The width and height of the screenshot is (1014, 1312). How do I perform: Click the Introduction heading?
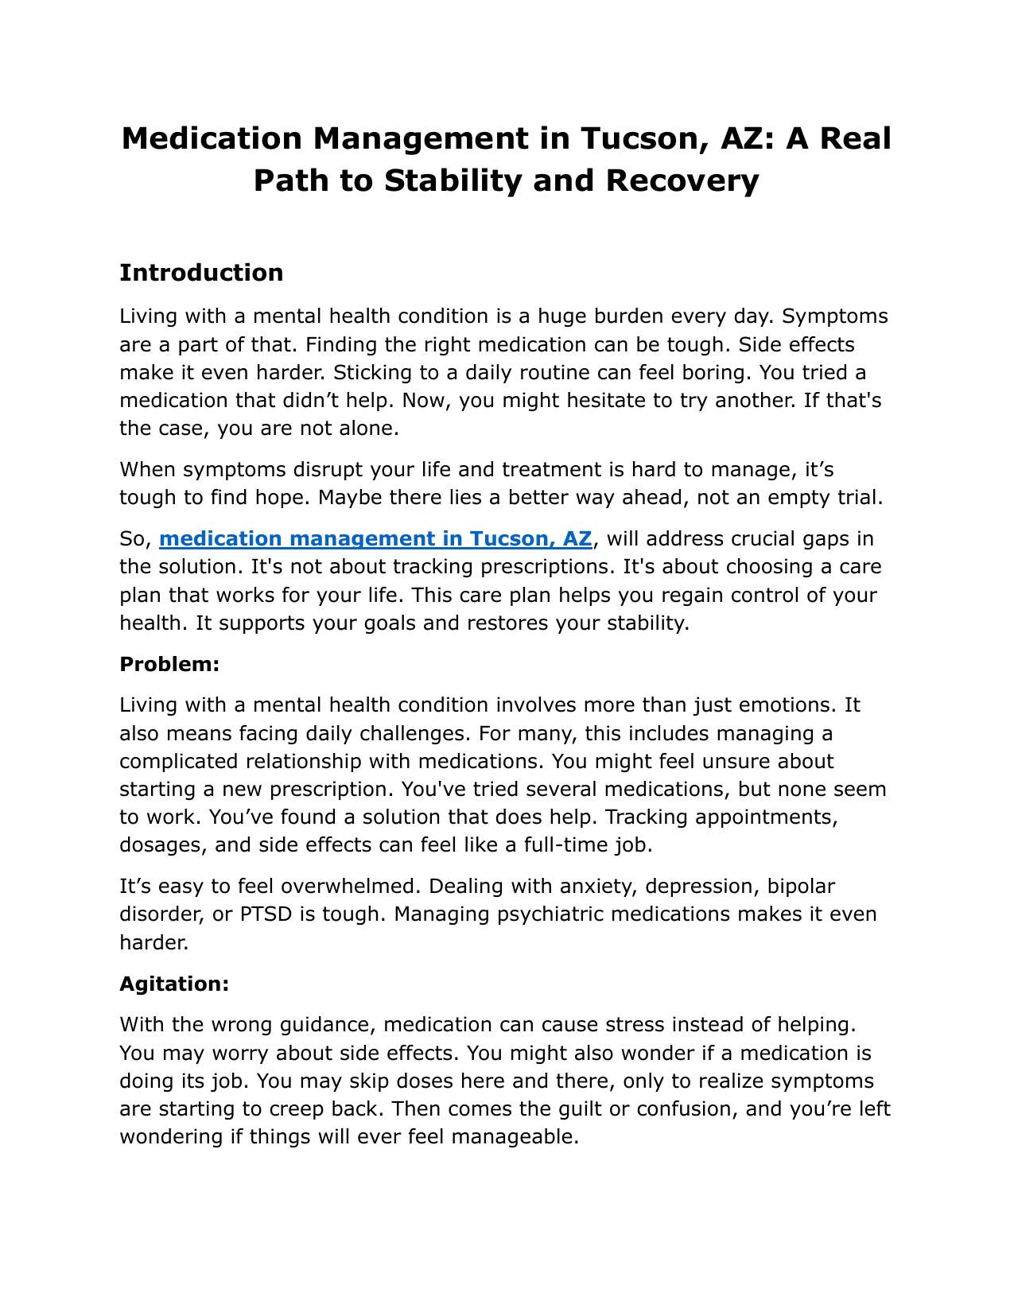pyautogui.click(x=201, y=273)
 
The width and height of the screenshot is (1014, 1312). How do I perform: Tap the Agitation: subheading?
pyautogui.click(x=174, y=984)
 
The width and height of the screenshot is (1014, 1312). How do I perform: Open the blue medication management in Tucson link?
pyautogui.click(x=375, y=539)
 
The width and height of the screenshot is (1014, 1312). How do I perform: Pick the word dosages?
pyautogui.click(x=158, y=844)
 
